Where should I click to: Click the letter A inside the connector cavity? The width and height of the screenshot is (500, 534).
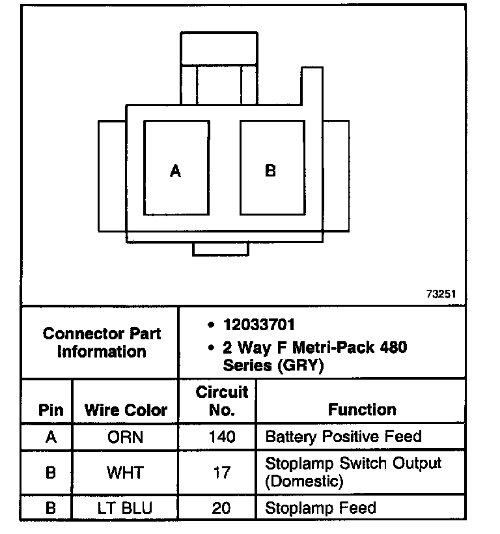coord(175,171)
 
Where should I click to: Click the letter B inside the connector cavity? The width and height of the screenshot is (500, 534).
coord(270,171)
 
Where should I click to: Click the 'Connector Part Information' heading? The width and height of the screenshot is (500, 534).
coord(102,343)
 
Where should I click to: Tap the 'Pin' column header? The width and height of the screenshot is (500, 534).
coord(51,410)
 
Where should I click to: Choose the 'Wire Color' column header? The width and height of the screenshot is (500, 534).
coord(126,410)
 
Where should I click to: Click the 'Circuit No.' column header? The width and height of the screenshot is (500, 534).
coord(222,401)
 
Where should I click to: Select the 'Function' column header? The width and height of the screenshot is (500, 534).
coord(362,410)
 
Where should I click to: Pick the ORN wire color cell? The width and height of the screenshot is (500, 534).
coord(125,437)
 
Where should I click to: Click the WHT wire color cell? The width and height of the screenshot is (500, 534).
coord(125,472)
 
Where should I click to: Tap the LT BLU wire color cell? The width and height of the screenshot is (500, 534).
coord(125,508)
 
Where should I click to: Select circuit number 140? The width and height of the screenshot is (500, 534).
coord(222,437)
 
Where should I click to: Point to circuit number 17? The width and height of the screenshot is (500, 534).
coord(222,472)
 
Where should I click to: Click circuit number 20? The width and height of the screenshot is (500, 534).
coord(222,508)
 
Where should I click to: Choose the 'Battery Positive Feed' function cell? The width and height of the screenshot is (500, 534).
coord(343,436)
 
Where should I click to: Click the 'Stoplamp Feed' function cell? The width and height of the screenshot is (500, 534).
coord(320,507)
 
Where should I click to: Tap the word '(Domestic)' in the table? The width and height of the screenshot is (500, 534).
coord(303,482)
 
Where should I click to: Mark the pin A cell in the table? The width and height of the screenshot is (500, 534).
coord(51,437)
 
